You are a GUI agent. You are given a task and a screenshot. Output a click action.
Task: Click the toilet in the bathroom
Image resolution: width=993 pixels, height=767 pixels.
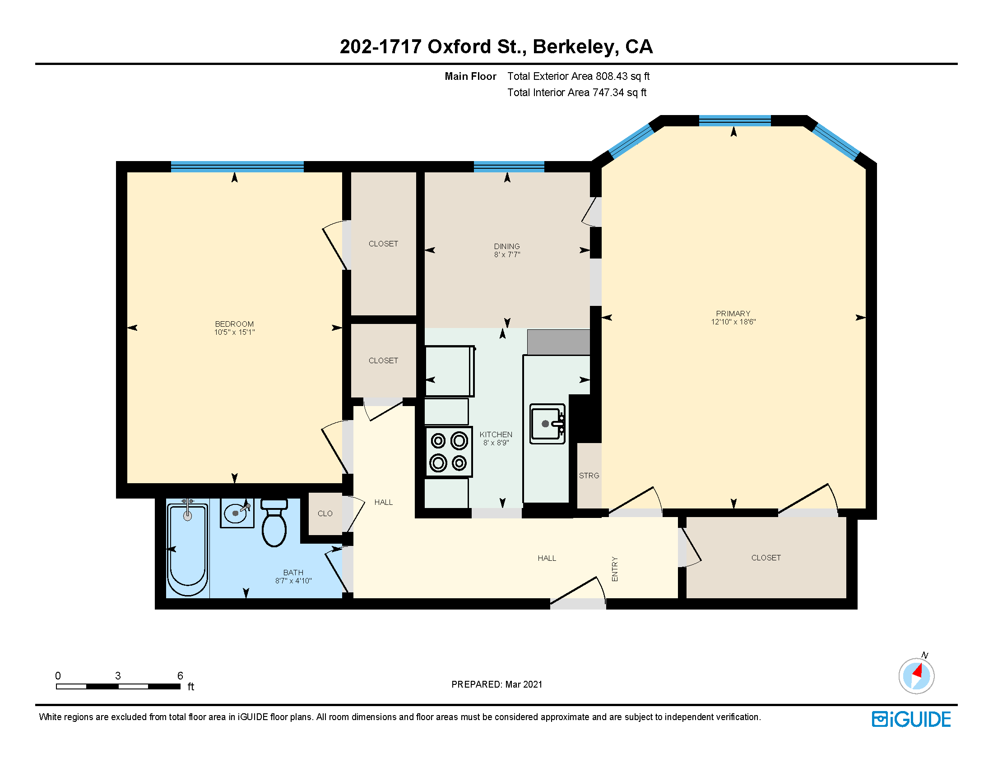coord(274,522)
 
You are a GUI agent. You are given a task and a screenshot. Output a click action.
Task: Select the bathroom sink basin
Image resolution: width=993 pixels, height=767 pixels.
coord(237,513)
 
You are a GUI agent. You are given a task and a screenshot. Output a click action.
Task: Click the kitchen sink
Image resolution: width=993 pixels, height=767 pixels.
coord(548,424)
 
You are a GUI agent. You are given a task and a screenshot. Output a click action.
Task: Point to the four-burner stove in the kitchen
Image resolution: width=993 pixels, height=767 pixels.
coord(449,452)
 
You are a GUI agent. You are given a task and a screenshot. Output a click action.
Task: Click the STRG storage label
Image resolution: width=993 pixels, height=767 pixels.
coord(589,476)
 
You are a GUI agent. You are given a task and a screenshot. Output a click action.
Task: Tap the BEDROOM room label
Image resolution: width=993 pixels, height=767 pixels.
coord(234,324)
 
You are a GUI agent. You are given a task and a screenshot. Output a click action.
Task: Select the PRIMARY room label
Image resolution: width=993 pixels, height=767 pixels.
coord(733,314)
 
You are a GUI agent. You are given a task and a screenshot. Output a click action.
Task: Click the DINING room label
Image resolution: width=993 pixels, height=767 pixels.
coord(507,246)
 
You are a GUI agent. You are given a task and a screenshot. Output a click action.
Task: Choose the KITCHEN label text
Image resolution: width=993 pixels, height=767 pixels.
coord(496,435)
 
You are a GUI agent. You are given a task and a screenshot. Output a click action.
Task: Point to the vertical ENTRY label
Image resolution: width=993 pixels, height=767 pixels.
coord(615,569)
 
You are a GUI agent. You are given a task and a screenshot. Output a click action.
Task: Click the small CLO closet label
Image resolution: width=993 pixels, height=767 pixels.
coord(325,513)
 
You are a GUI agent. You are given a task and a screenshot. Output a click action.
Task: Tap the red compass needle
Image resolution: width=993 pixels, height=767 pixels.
coord(918,670)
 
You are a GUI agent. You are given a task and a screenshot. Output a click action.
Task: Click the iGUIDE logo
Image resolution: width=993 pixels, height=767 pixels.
coord(911,719)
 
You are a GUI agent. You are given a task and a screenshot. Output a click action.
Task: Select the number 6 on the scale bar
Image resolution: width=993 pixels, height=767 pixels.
coord(180,676)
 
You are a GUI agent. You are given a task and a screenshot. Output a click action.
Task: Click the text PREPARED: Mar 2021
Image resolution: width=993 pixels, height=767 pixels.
coord(496,684)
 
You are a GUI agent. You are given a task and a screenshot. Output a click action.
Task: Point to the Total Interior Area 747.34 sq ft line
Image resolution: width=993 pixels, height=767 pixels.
coord(576,92)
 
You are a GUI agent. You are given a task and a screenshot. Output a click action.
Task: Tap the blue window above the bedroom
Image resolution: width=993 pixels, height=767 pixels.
coord(237,166)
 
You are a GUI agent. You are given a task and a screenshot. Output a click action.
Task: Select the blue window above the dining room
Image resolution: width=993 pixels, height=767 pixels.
coord(509,166)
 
